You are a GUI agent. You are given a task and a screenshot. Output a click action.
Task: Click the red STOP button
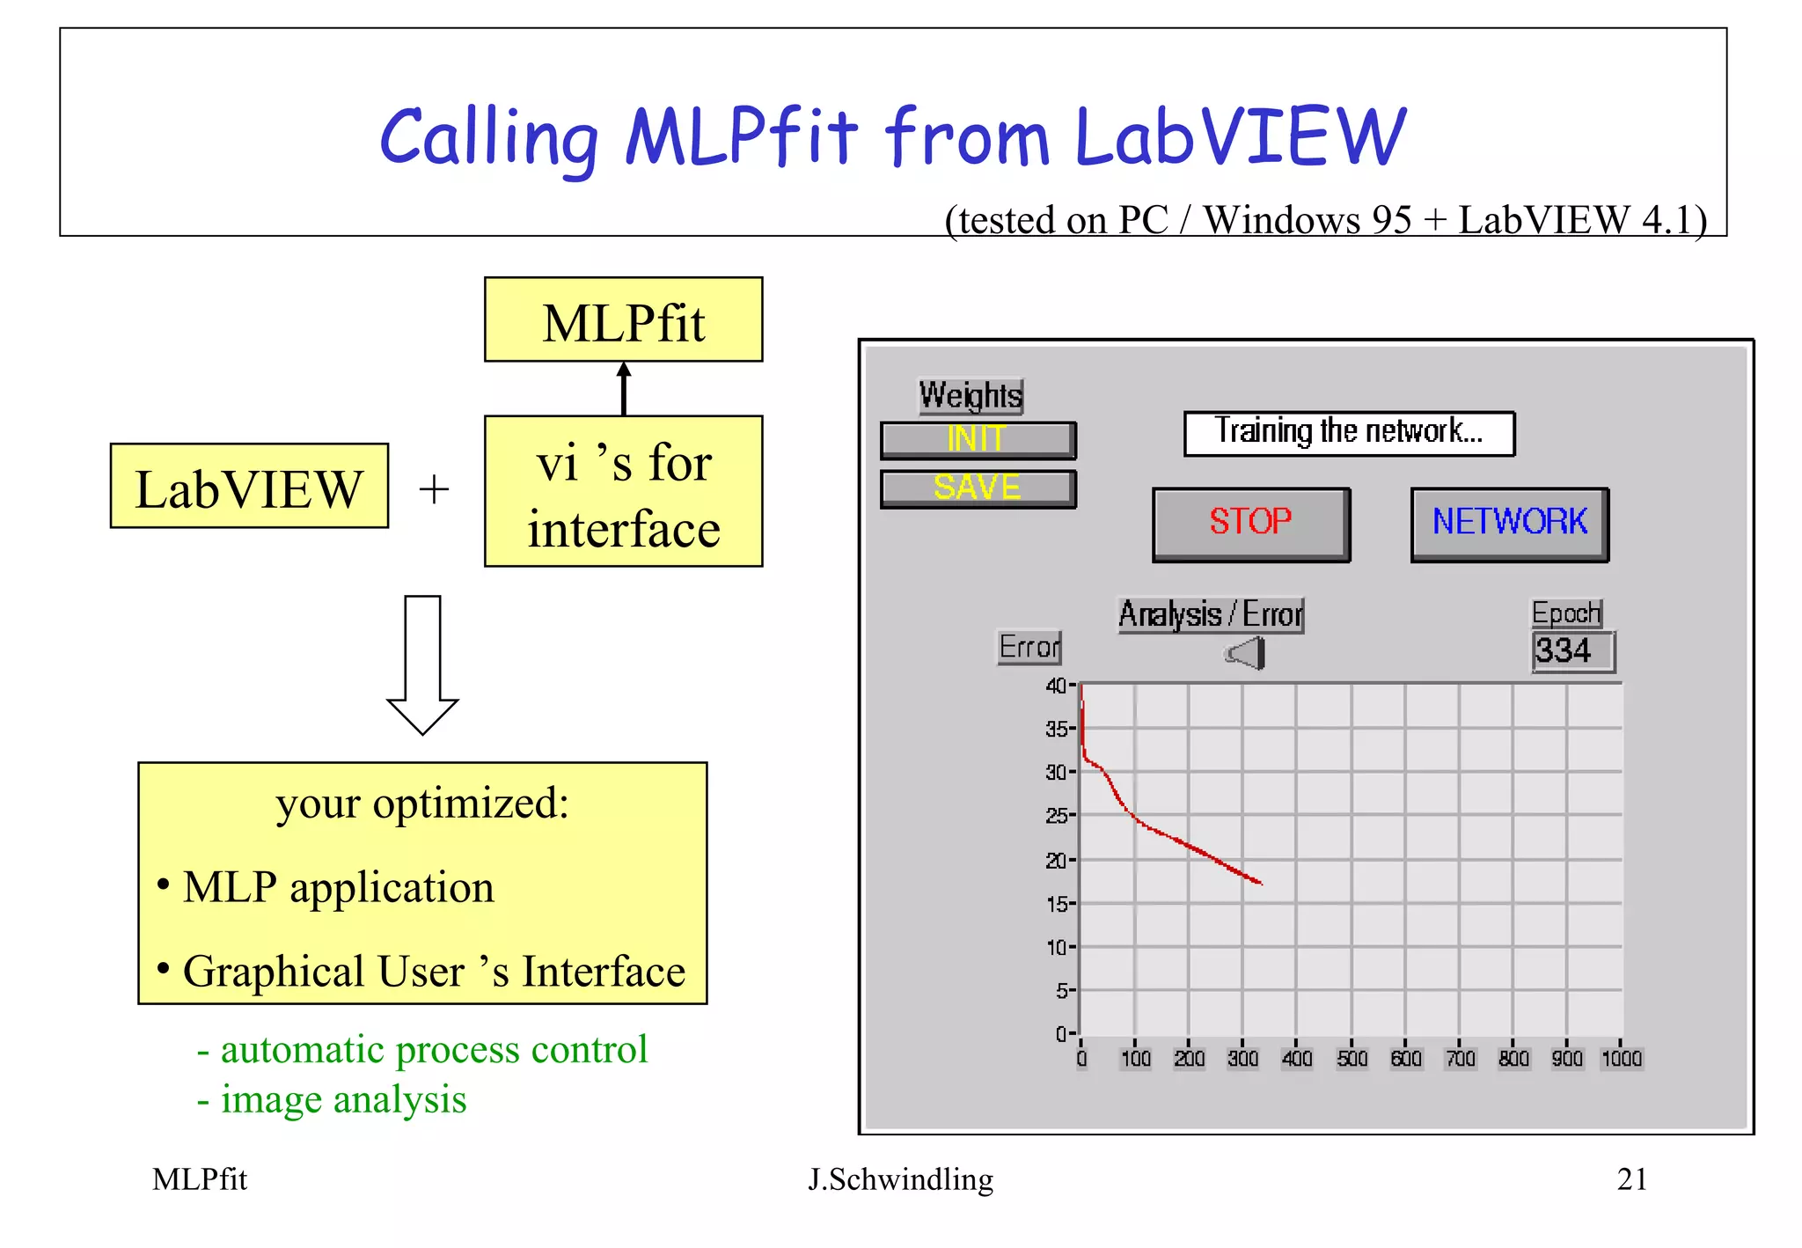tap(1250, 523)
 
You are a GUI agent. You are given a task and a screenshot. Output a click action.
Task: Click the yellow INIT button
tap(978, 439)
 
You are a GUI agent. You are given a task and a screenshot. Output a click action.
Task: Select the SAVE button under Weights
tap(978, 488)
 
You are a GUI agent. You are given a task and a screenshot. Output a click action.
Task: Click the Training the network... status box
tap(1348, 432)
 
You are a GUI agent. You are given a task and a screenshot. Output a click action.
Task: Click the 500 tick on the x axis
tap(1351, 1058)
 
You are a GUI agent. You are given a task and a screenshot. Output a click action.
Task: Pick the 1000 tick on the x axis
tap(1621, 1058)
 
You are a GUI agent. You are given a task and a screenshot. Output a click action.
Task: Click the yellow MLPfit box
tap(623, 320)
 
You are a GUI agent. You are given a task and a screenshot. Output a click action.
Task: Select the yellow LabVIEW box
tap(249, 487)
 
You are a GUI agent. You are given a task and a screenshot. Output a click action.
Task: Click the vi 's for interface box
tap(623, 492)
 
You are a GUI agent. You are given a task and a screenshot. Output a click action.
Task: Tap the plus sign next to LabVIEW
tap(434, 489)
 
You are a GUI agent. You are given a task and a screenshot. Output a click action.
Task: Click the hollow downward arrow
tap(422, 664)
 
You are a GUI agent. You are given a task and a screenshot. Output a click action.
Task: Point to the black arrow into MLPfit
tap(624, 388)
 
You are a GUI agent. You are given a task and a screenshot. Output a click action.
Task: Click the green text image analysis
tap(343, 1100)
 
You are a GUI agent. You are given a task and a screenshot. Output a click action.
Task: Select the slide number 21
tap(1631, 1178)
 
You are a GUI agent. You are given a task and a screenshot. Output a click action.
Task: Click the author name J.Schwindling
tap(900, 1178)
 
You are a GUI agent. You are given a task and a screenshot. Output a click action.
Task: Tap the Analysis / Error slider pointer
tap(1247, 654)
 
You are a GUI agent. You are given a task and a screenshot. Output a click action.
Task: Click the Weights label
tap(970, 395)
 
